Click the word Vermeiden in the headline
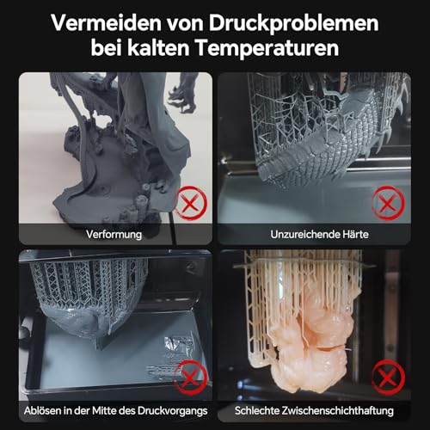107,23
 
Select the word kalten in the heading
158,47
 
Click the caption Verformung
114,235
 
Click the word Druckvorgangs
172,411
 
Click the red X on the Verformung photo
190,203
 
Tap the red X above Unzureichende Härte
388,203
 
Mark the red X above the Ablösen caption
190,378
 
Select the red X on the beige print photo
388,378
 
